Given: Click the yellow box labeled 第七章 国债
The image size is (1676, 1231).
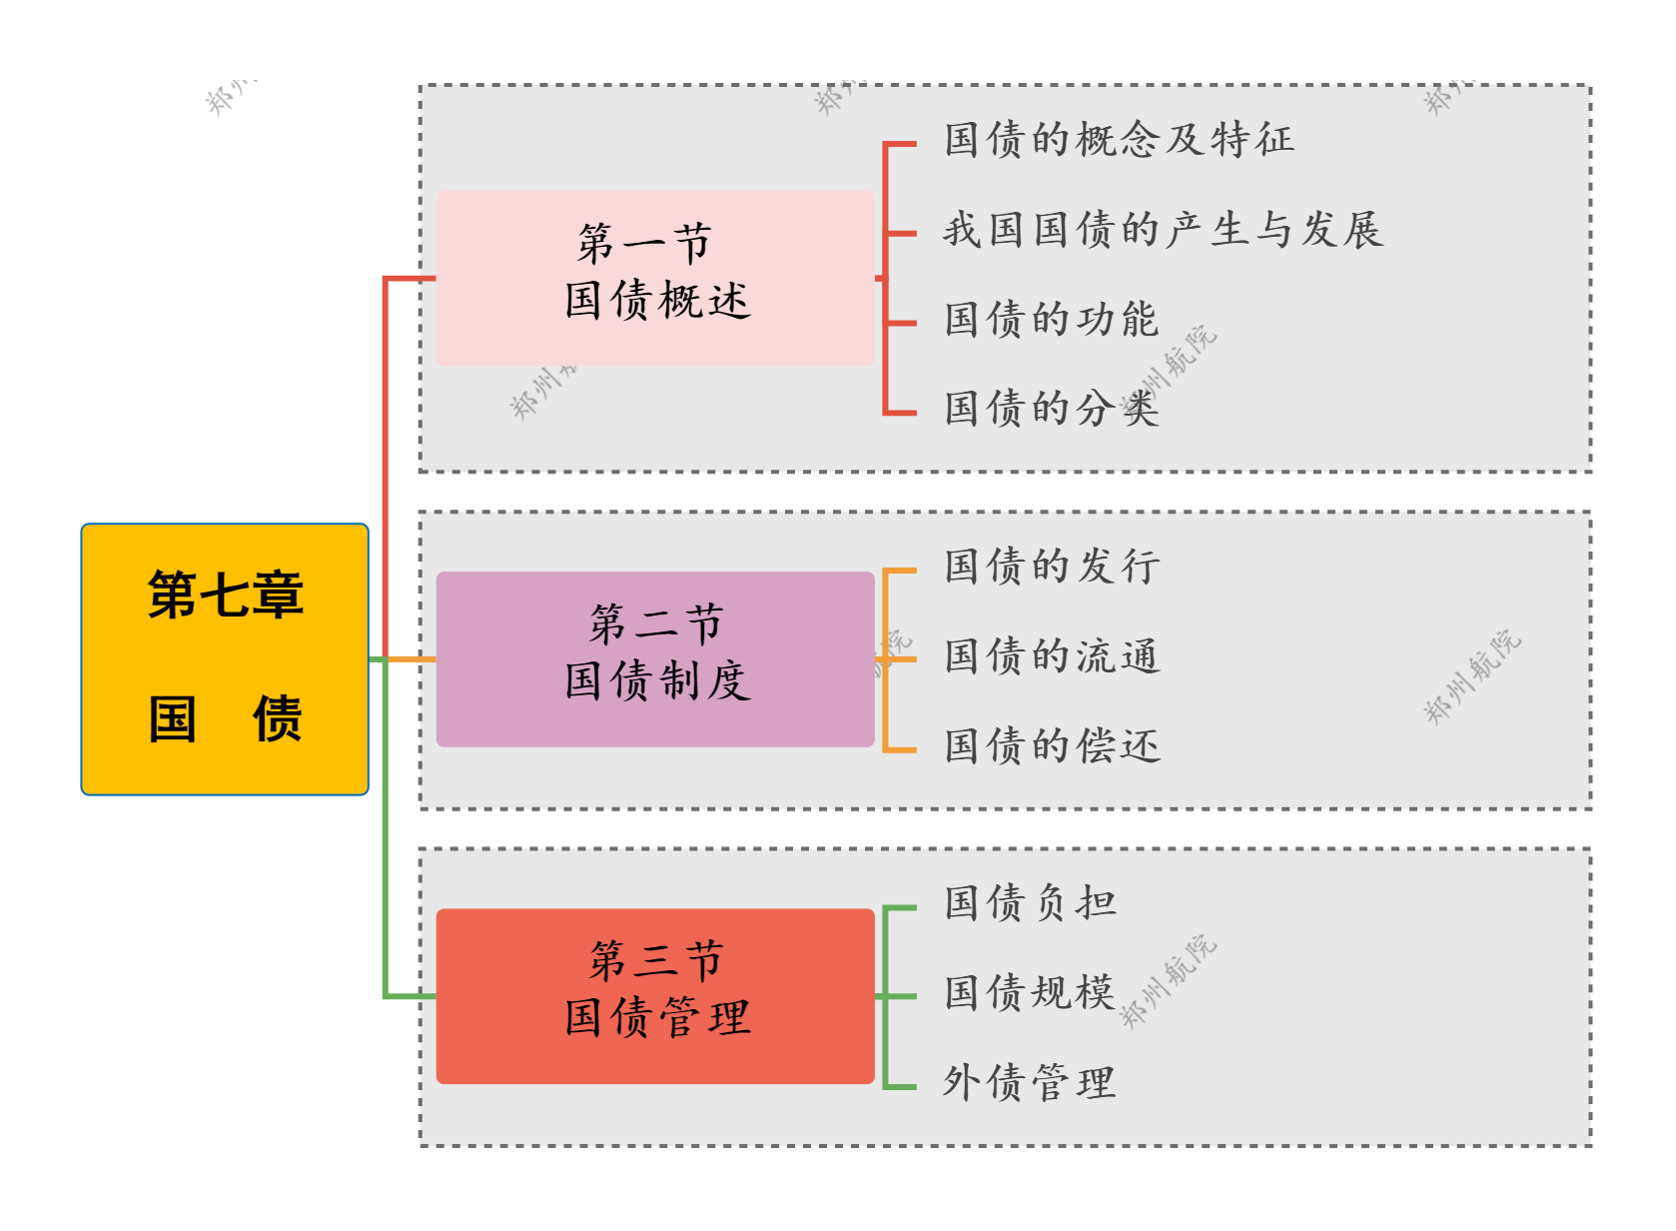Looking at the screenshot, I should [x=225, y=659].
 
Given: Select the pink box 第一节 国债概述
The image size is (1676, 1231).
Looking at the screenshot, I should [x=655, y=279].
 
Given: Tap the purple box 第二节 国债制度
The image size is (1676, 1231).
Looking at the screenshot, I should [x=655, y=659].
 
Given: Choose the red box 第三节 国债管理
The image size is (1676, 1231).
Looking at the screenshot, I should [x=655, y=996].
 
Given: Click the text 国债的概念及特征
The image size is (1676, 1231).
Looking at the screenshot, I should [x=1119, y=140].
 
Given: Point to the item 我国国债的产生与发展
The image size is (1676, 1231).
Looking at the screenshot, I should [x=1163, y=230].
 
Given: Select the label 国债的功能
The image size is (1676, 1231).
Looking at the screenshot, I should [x=1051, y=320].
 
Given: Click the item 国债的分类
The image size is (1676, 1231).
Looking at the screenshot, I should [x=1051, y=409].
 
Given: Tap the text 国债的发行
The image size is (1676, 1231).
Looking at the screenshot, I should [x=1051, y=567].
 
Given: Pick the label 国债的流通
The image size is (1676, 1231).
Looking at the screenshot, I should [x=1051, y=656].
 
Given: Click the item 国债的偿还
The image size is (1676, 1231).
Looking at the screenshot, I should [x=1051, y=746].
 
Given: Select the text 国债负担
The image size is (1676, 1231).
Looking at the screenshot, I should [x=1030, y=903].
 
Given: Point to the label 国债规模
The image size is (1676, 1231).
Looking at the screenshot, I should [x=1030, y=993].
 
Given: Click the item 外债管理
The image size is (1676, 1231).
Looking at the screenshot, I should [x=1030, y=1083].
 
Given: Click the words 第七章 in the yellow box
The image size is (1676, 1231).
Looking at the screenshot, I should [x=226, y=596].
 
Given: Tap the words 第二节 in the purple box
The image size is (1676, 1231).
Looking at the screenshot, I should [x=655, y=624].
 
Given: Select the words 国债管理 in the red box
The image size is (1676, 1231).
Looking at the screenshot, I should [x=656, y=1019].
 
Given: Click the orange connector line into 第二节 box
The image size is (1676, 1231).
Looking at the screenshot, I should [x=411, y=659].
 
